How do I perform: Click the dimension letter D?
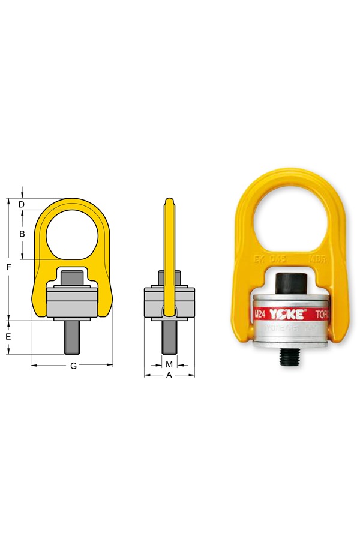21,205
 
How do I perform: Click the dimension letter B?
21,234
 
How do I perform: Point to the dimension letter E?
8,337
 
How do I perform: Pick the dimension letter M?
169,364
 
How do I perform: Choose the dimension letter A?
169,376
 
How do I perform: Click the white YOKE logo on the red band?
287,314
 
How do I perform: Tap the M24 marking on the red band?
260,314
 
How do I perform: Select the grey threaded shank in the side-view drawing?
169,339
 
